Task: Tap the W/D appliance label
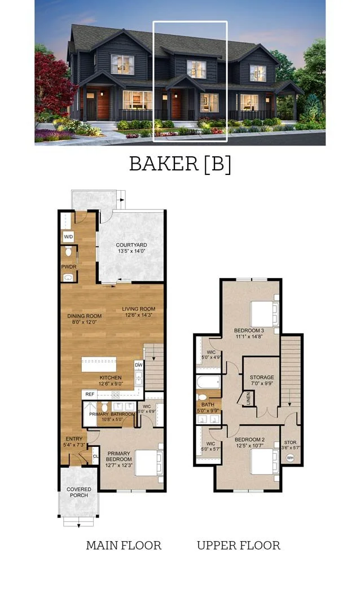[x=68, y=236]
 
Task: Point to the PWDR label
[x=68, y=267]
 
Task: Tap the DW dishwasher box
[x=139, y=365]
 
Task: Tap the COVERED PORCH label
[x=78, y=493]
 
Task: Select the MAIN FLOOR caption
[x=124, y=545]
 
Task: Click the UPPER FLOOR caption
[x=238, y=545]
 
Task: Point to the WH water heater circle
[x=290, y=458]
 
